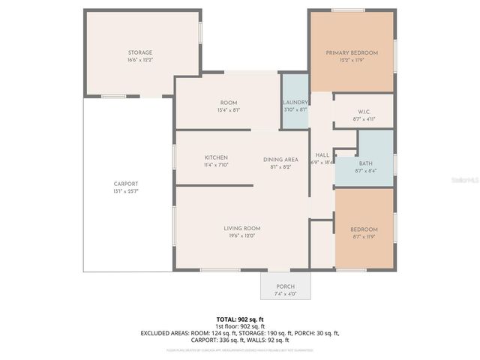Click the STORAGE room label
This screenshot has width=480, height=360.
(139, 52)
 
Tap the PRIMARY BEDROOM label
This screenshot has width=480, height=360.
(351, 52)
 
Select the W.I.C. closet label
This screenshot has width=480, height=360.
(363, 112)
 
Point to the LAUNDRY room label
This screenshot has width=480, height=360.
(295, 102)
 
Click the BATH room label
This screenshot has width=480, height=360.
(365, 163)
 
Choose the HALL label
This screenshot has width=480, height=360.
(322, 154)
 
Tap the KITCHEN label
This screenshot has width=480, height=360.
(216, 157)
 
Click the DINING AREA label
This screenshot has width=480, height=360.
(280, 160)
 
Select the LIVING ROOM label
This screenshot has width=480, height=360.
(241, 228)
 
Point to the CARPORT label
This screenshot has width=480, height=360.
(125, 184)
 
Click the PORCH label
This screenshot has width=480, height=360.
(285, 286)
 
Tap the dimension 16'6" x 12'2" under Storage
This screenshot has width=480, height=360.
(139, 60)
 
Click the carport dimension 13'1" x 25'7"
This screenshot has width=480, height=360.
(125, 191)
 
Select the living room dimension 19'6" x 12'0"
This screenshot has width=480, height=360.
(241, 235)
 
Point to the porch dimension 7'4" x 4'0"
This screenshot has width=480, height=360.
(285, 294)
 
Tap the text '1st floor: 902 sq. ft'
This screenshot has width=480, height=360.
(239, 326)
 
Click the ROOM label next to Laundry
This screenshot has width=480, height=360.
(228, 102)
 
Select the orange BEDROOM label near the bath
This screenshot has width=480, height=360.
(364, 229)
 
